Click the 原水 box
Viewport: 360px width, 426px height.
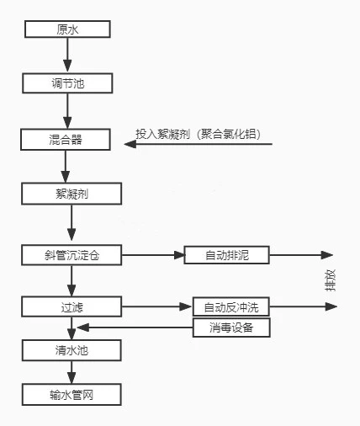67,29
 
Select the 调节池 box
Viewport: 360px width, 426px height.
67,83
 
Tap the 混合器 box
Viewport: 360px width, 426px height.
66,140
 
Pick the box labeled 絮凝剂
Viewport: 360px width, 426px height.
71,194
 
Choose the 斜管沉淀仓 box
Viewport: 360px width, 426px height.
71,255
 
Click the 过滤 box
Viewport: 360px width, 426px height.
71,306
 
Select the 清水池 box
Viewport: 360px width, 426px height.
71,350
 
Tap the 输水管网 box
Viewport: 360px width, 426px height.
71,395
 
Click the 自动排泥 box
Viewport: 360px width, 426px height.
226,255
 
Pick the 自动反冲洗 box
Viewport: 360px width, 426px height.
231,306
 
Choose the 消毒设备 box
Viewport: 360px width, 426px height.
231,327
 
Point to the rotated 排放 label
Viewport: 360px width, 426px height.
330,280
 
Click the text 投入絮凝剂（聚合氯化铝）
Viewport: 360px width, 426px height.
199,134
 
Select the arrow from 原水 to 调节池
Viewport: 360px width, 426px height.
67,55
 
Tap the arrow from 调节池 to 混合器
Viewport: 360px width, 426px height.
67,111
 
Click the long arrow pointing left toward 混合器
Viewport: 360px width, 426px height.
199,144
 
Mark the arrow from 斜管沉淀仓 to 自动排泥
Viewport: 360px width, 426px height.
153,255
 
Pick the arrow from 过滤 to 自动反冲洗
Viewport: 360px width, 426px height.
157,306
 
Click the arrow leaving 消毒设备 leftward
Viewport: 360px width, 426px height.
135,327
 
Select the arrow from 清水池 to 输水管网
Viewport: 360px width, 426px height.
71,372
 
